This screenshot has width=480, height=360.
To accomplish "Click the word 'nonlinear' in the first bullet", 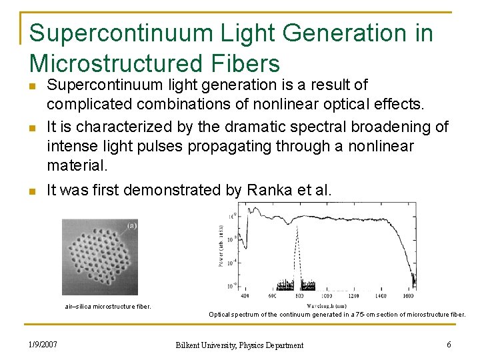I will pos(297,105).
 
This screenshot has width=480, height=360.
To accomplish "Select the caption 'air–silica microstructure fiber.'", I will pos(107,307).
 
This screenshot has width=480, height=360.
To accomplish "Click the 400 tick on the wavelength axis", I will pos(245,295).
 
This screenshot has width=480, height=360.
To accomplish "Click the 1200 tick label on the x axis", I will pos(353,295).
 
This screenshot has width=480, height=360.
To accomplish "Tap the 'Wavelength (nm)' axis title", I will pos(327,305).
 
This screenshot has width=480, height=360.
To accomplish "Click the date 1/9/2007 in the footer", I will pos(43,345).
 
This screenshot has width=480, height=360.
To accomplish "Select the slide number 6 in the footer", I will pos(449,345).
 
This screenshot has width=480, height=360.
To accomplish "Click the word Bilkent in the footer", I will pos(189,345).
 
